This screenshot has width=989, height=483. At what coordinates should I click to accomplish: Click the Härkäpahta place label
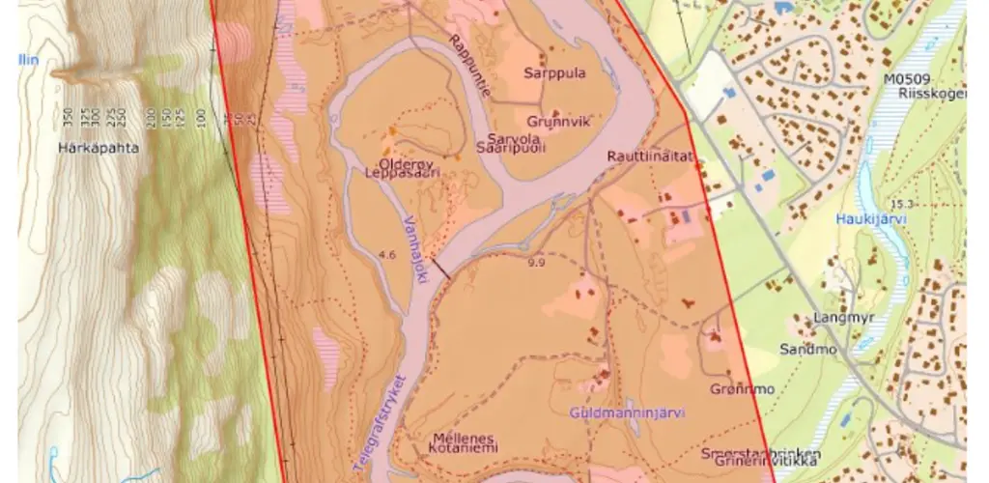[98, 149]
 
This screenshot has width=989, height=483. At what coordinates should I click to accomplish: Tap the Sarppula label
[554, 72]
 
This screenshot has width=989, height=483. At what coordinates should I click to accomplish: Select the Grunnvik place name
[558, 122]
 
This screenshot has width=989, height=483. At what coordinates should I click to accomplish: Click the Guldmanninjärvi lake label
[626, 412]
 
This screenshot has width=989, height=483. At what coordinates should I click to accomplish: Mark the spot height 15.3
[902, 204]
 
